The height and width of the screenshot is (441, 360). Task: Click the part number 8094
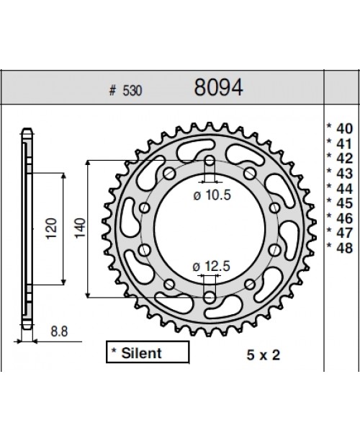218,89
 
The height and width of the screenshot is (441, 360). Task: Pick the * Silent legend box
147,353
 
